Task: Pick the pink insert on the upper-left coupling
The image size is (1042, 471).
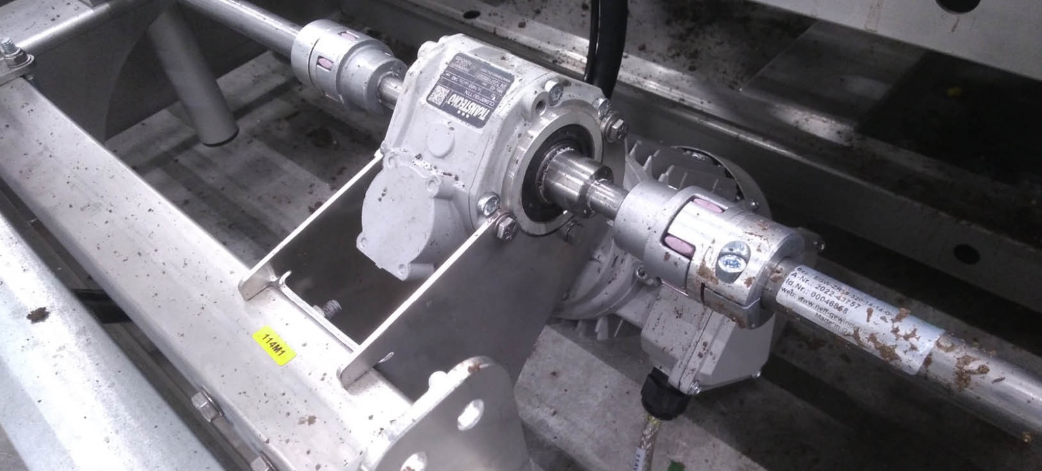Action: [325, 62]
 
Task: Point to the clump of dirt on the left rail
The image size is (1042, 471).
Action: [37, 314]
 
